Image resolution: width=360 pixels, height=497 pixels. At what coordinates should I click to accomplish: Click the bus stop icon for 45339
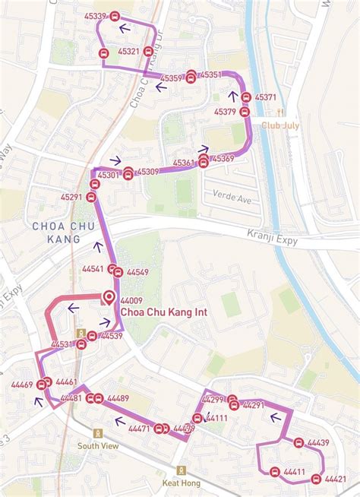(115, 15)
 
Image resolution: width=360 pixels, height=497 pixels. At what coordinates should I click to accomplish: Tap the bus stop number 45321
(129, 52)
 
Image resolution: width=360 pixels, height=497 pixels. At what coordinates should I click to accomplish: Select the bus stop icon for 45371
(245, 97)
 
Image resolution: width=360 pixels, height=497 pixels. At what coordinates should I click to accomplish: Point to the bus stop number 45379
(225, 112)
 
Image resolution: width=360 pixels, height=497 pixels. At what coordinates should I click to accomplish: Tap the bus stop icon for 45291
(91, 198)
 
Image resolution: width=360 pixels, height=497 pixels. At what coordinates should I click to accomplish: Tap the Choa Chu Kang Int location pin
(109, 297)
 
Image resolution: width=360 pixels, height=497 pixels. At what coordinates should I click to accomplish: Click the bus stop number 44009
(131, 301)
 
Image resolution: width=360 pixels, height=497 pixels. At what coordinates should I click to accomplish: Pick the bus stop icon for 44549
(118, 272)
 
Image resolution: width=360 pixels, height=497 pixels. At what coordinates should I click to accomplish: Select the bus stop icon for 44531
(81, 344)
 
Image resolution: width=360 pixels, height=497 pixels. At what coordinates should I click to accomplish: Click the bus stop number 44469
(22, 385)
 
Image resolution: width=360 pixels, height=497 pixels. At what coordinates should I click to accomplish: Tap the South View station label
(97, 446)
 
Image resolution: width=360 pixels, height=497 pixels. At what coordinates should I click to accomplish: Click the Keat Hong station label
(179, 482)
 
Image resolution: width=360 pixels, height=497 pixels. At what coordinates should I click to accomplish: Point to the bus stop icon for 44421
(316, 479)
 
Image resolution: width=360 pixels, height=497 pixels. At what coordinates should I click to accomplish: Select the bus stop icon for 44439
(298, 443)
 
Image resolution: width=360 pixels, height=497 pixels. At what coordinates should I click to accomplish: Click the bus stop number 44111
(216, 418)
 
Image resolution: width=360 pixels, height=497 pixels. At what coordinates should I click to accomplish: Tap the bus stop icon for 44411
(274, 472)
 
